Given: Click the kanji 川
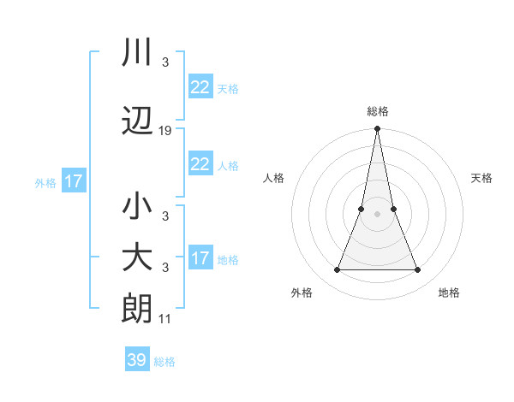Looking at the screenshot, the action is pos(137,53).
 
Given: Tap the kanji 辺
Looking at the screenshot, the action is pos(137,123).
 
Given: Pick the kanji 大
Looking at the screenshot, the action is pos(137,259).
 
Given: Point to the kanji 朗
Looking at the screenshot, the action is pos(137,309).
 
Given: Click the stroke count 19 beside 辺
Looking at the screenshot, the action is pos(165,131).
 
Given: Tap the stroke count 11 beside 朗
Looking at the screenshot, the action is pos(165,319).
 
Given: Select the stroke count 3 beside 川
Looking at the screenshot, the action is pos(164,62).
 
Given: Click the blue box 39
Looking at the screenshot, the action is pos(137,360).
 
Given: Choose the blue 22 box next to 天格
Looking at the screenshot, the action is pos(200,87).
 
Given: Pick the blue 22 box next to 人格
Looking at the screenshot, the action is pos(200,164).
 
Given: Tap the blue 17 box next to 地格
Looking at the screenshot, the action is pos(200,258).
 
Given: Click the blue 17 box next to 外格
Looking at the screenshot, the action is pos(74,181).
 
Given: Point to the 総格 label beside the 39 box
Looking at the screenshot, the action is pos(164,362).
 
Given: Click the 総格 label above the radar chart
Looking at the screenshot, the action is pos(377,111).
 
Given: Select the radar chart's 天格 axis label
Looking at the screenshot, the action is pos(482,178).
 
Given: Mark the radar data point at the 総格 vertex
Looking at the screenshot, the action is pos(377,129).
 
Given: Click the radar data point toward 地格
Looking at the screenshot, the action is pos(418,270).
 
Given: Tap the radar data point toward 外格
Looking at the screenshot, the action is pos(337,270).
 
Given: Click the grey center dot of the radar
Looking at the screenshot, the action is pos(377,214).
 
